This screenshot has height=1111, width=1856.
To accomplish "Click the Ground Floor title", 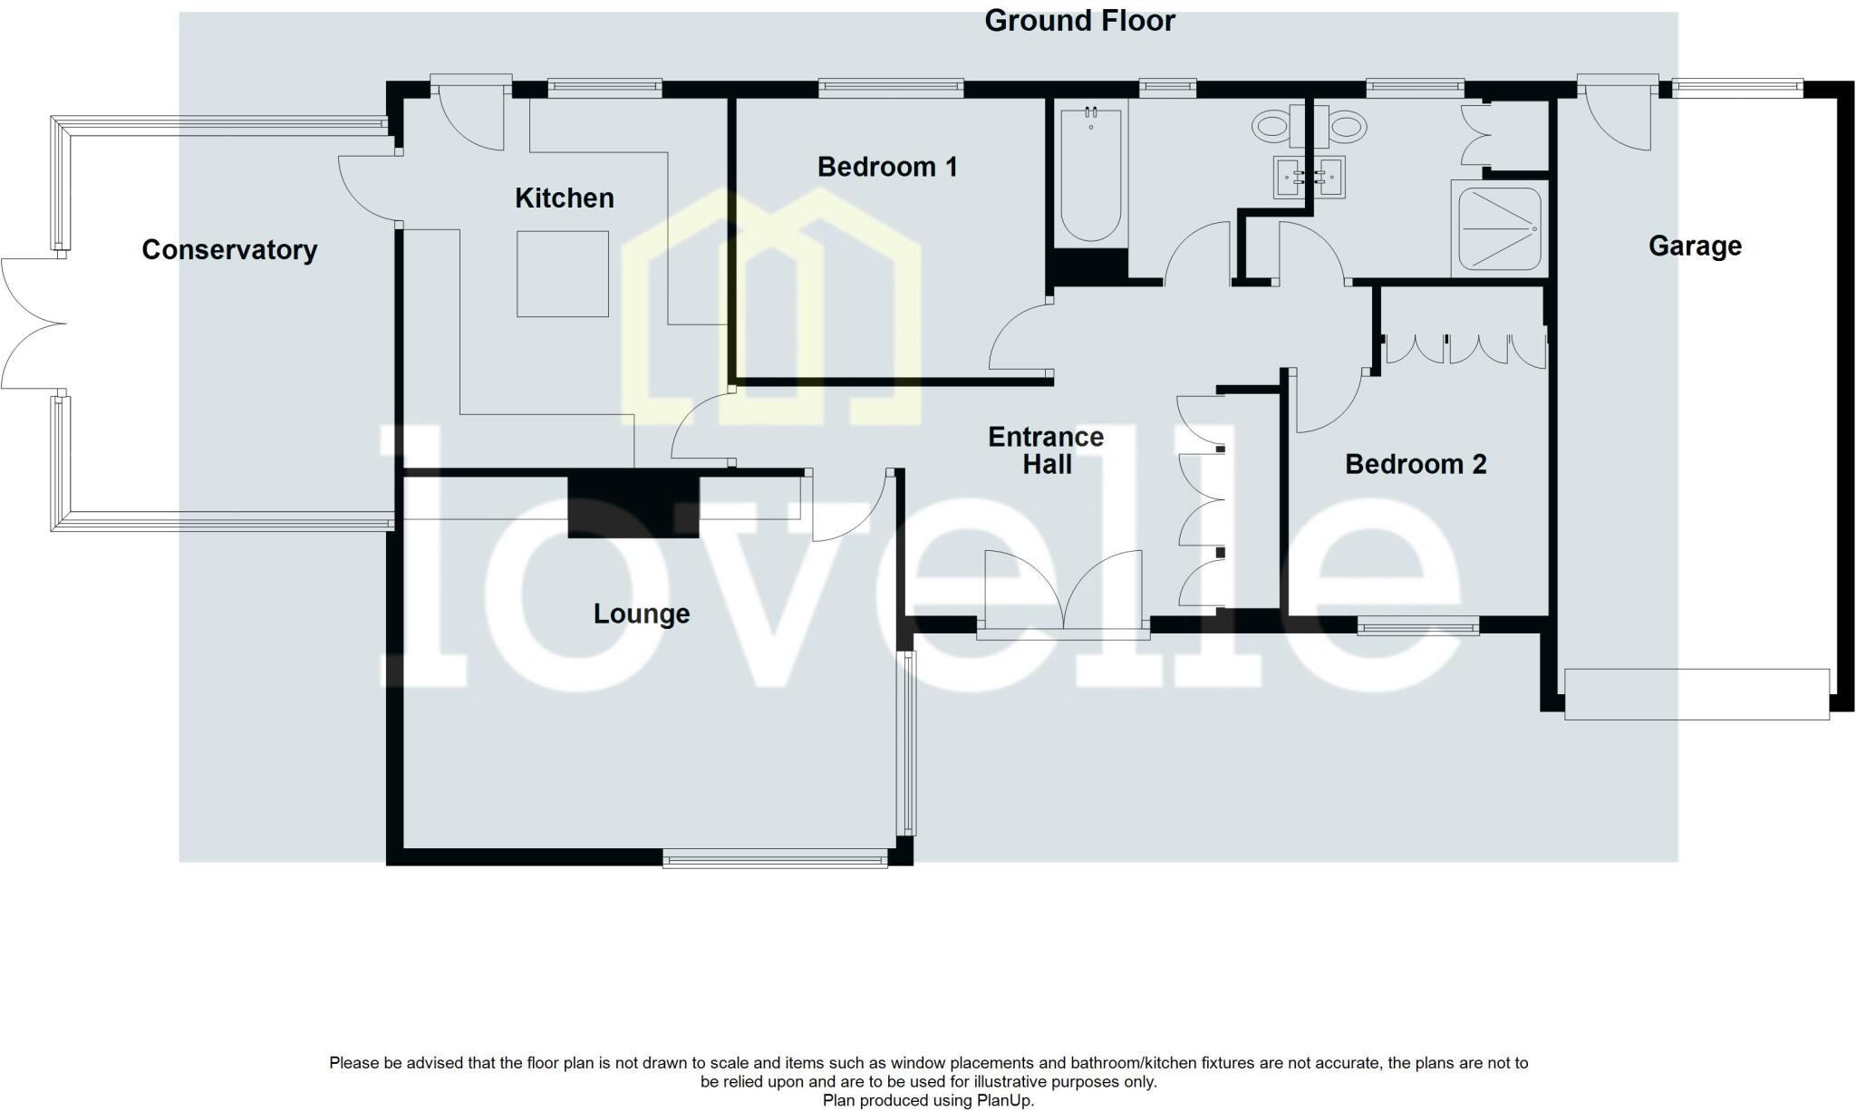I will tap(1079, 21).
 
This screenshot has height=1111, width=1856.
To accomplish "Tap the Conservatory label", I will tap(229, 250).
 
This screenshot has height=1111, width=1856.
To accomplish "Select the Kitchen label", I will tap(564, 198).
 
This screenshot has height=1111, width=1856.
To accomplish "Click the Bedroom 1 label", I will tap(886, 167).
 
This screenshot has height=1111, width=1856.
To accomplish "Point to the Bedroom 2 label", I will tap(1415, 464).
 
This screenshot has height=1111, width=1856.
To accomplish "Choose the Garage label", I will tap(1694, 246).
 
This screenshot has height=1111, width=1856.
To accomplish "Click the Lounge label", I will tap(641, 613).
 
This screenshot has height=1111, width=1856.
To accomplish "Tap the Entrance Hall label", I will tap(1046, 450).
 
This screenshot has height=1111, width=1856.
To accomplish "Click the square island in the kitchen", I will tap(562, 274).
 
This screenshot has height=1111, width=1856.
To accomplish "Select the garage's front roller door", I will tap(1696, 694).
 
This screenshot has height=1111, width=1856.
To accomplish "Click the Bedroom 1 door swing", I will tap(1020, 337).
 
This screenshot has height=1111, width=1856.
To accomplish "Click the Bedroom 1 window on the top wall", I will tap(890, 88).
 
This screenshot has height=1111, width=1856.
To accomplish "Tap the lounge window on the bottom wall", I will tap(775, 858).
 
